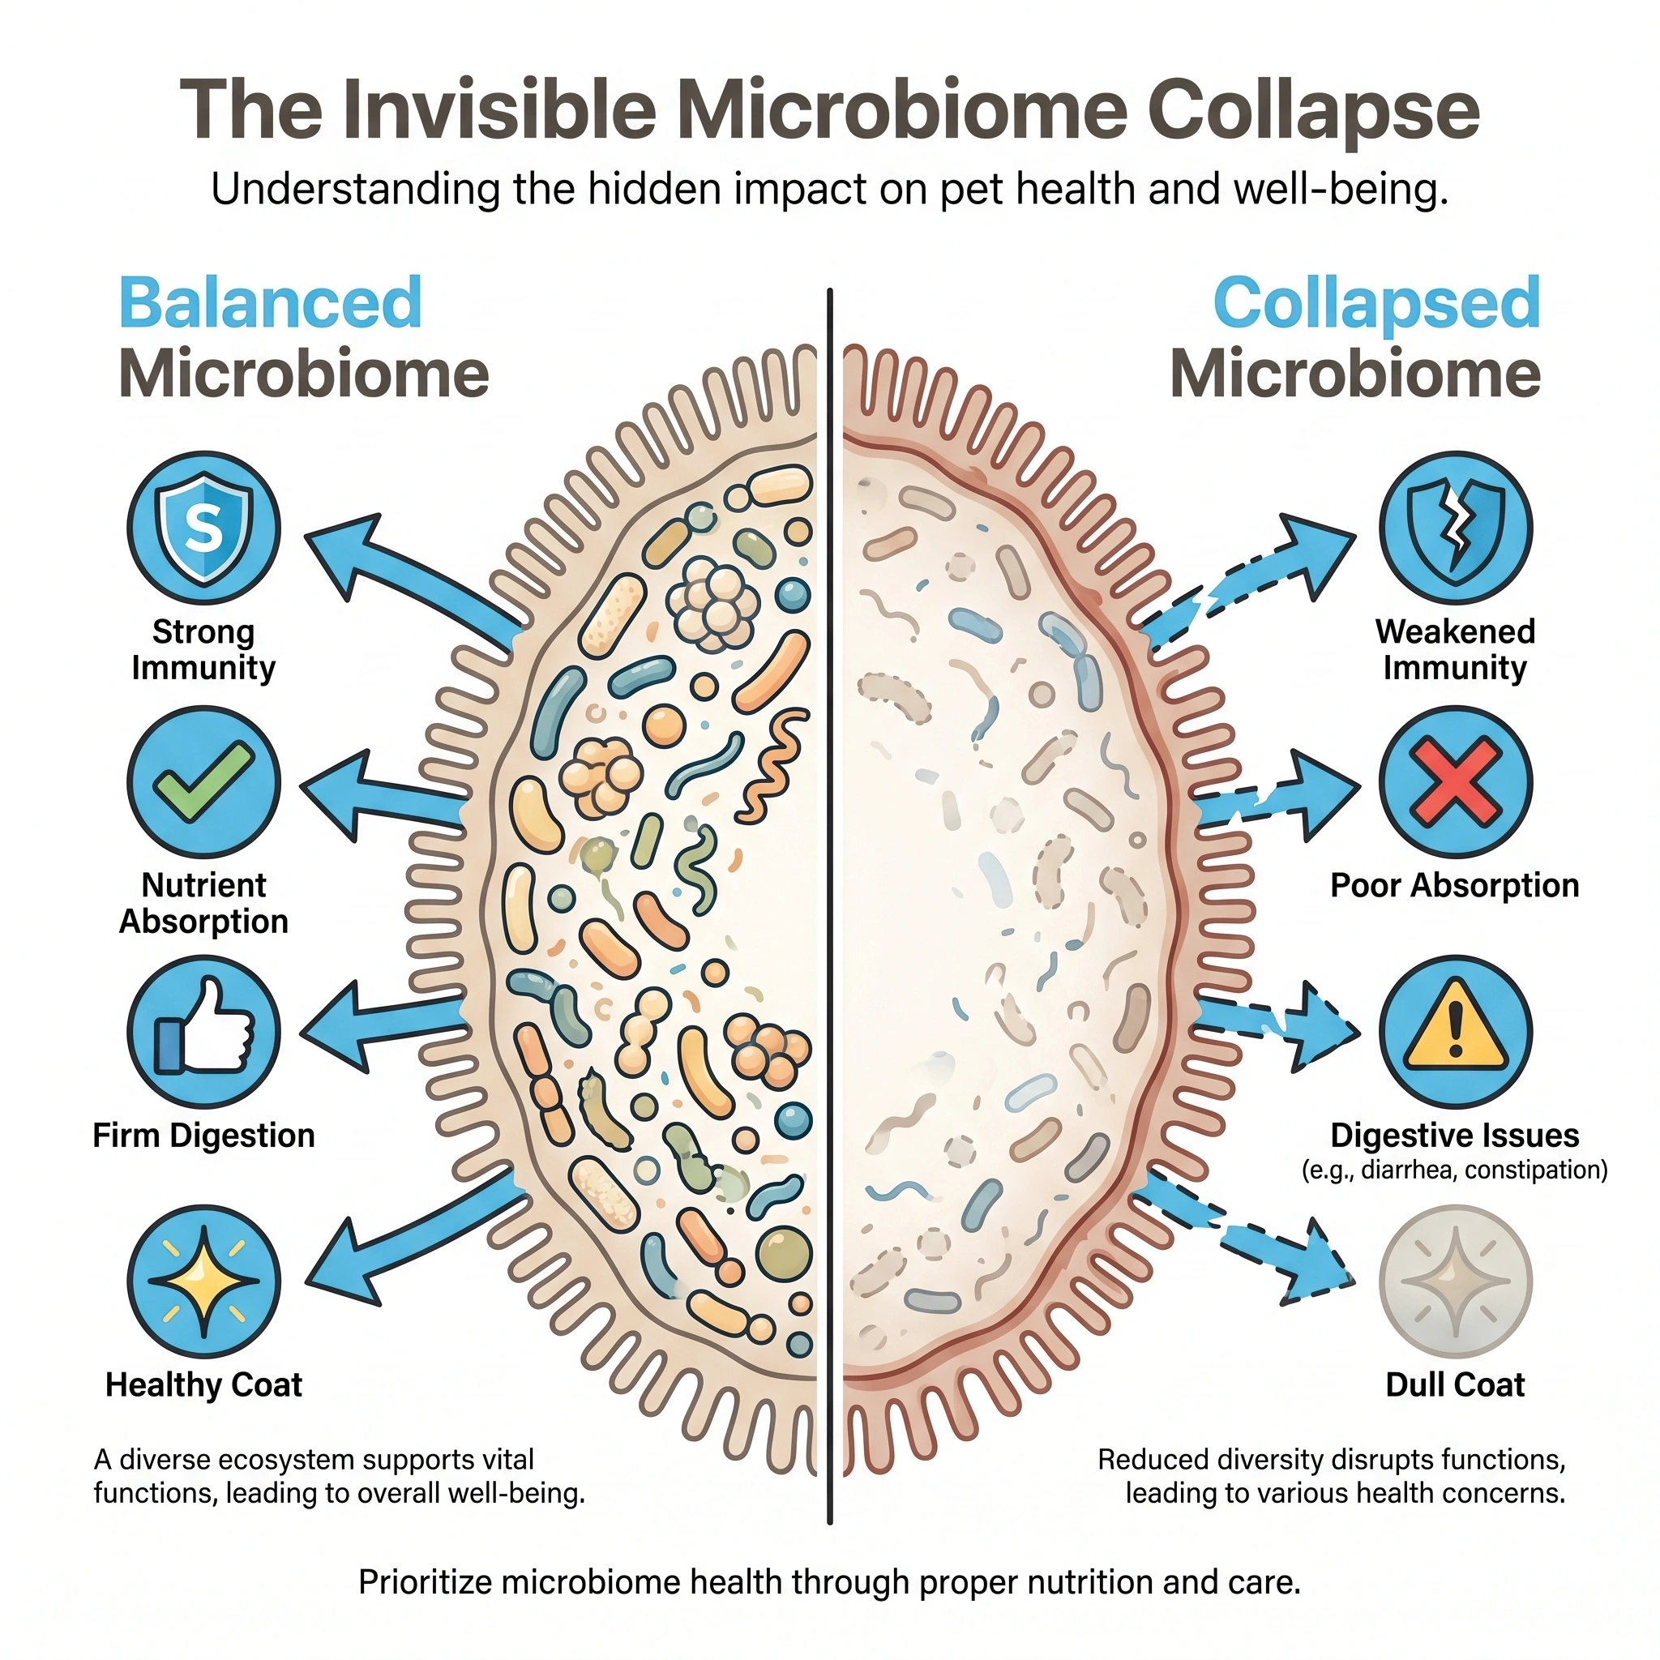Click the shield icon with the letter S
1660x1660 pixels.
click(203, 527)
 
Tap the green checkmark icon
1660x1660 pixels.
click(203, 781)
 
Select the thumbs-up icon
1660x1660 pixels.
click(203, 1031)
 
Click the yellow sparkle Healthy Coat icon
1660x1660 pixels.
click(203, 1280)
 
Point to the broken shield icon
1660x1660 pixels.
click(1456, 527)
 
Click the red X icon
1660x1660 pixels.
click(1456, 781)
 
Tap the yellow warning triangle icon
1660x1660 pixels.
click(1456, 1031)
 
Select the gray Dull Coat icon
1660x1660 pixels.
click(1456, 1280)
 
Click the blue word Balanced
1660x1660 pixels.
click(271, 302)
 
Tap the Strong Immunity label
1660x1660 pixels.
click(203, 649)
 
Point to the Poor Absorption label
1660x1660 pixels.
click(1455, 885)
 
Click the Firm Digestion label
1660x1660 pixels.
click(203, 1136)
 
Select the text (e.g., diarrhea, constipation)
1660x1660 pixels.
click(1455, 1170)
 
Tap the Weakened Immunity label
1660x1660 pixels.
click(1455, 649)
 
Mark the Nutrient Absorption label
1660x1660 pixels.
click(203, 903)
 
